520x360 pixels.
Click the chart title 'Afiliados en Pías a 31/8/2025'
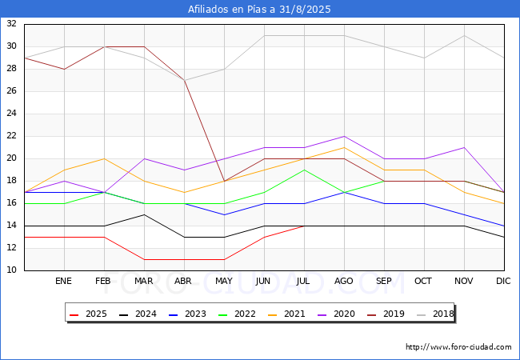[259, 9]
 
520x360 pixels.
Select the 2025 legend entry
[88, 314]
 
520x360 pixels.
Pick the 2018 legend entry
[435, 314]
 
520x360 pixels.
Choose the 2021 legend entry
[286, 314]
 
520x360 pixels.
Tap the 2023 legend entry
[187, 314]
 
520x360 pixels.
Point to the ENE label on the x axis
[63, 281]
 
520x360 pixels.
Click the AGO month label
[343, 281]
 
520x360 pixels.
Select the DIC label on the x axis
[503, 281]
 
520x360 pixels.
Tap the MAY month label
[224, 281]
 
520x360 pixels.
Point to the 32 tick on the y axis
[12, 23]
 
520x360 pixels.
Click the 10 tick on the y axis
[12, 270]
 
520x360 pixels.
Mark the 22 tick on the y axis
[12, 135]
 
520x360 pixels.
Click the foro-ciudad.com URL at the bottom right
[458, 347]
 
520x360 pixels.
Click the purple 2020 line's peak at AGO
[344, 136]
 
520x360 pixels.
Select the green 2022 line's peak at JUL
[305, 170]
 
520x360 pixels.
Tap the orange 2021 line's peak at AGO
[344, 147]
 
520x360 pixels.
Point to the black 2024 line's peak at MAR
[144, 215]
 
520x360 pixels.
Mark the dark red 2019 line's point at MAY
[225, 181]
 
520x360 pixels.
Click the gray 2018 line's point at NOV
[464, 35]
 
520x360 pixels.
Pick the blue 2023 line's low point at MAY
[225, 215]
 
